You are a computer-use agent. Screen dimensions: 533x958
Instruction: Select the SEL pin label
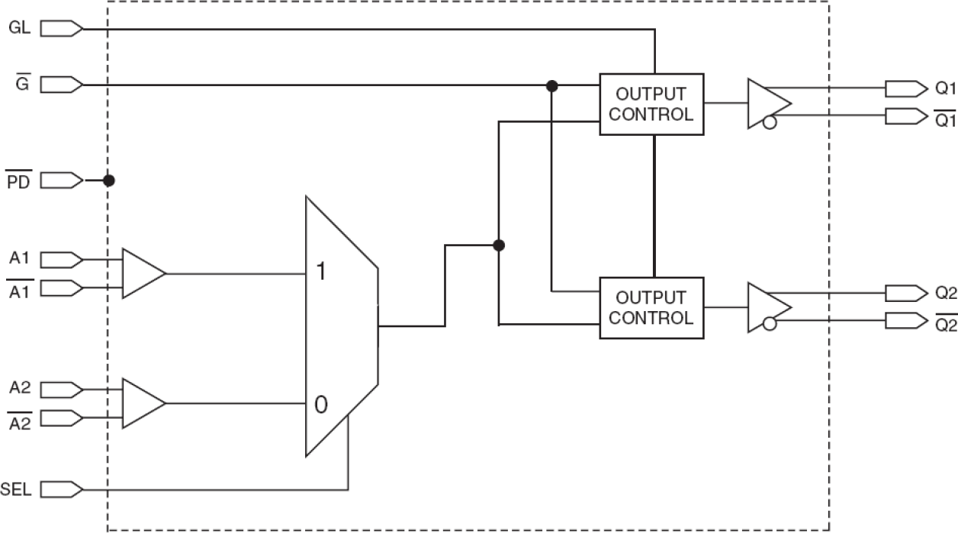[x=17, y=489]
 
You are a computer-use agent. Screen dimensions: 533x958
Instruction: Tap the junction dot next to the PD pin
[x=109, y=181]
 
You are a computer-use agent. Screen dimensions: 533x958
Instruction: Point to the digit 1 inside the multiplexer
[x=320, y=272]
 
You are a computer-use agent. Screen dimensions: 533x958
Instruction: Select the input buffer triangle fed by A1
[x=141, y=273]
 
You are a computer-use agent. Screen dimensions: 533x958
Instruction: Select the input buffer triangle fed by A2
[x=141, y=403]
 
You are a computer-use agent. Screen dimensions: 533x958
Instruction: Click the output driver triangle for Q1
[x=766, y=102]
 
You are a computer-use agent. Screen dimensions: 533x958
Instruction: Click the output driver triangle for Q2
[x=766, y=307]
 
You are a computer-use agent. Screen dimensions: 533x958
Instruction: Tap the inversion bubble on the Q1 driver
[x=770, y=122]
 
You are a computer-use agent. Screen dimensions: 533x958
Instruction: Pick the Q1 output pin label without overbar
[x=945, y=88]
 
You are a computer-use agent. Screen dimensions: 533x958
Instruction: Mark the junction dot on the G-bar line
[x=551, y=86]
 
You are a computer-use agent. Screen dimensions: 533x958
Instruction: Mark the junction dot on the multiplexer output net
[x=498, y=246]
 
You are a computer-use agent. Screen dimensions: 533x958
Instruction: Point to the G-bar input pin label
[x=22, y=83]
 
